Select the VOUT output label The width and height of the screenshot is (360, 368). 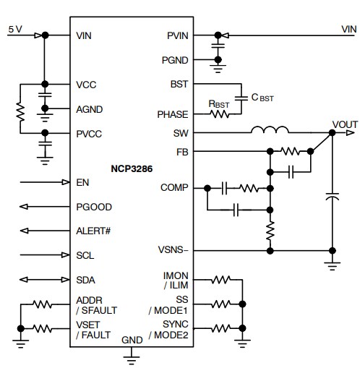coord(344,124)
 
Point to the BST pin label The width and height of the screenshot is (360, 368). coord(179,84)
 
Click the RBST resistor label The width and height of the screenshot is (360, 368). coord(220,103)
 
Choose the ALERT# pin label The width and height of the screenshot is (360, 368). coord(95,231)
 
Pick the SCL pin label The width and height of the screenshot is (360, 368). coord(85,255)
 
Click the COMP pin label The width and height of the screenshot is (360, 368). coord(174,187)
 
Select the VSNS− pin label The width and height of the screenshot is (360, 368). coord(173,251)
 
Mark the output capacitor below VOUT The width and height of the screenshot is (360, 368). coord(333,196)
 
